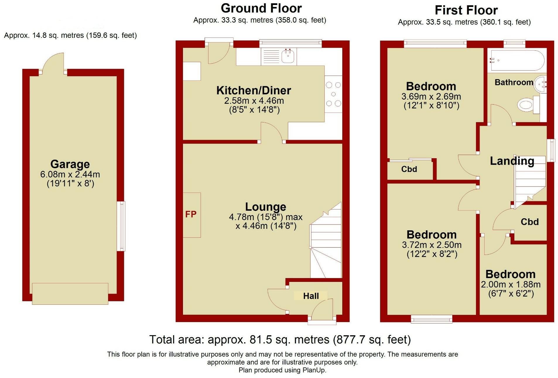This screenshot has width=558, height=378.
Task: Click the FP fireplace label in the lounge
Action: coord(191,214)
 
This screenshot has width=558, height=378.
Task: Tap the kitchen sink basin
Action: coord(288,56)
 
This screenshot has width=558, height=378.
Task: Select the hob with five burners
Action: coord(333,94)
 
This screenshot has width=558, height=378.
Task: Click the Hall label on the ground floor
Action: coord(311,296)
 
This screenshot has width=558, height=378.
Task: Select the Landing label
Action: coord(512,161)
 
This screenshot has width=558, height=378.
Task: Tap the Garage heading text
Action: coord(70,164)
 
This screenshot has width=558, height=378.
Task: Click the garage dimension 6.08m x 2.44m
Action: coord(70,174)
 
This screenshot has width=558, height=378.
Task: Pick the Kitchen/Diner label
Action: coord(254,90)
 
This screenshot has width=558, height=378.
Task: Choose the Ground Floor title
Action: coord(261,8)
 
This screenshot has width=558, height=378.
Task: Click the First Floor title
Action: coord(466,10)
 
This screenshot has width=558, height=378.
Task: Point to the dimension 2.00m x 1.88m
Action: coord(511,284)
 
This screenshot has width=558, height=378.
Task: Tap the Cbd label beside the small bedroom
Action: coord(530,222)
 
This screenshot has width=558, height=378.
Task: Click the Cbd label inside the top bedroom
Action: coord(409,169)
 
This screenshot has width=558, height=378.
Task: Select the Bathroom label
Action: coord(514,82)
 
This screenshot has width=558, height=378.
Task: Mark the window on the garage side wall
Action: coord(121,226)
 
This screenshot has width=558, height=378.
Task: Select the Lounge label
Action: coord(266,207)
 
